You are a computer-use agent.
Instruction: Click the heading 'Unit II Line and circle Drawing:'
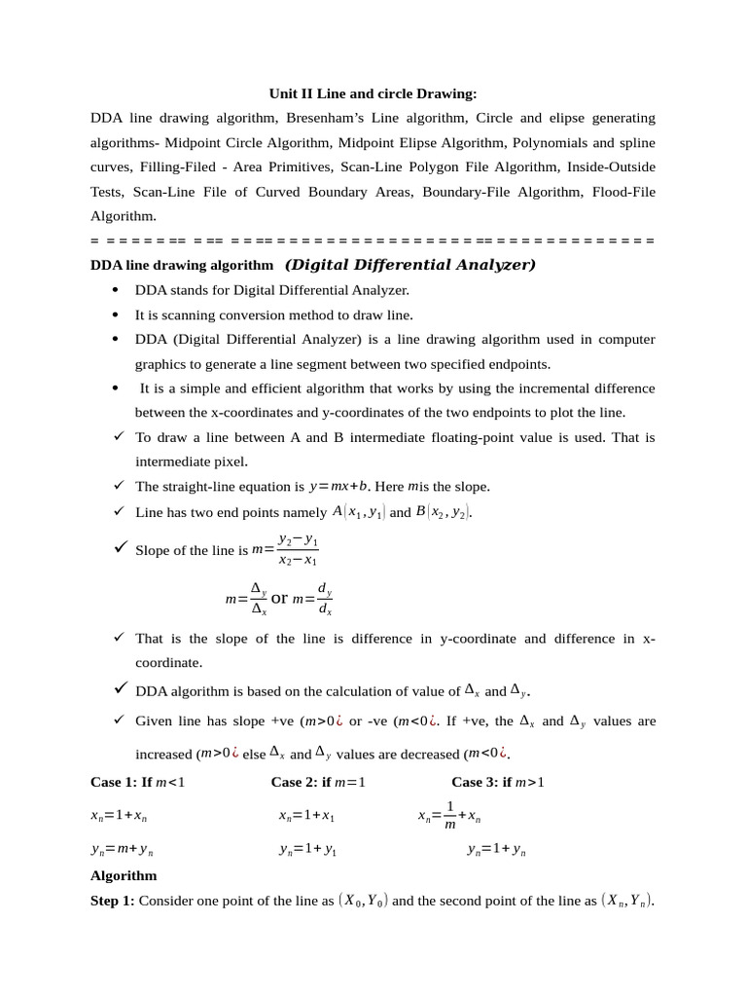point(373,93)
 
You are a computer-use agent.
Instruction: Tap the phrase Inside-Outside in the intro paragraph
point(611,166)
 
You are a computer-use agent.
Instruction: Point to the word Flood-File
point(623,192)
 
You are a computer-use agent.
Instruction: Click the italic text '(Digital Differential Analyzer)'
point(410,265)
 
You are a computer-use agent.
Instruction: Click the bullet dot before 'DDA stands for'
point(116,290)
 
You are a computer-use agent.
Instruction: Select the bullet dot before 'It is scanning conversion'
point(116,314)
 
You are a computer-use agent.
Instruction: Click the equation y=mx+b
point(338,486)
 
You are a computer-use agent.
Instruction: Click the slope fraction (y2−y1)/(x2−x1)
point(298,550)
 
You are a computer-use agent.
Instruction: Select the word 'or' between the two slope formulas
point(279,599)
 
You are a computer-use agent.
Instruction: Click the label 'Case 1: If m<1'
point(137,782)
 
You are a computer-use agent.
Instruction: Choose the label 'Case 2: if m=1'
point(318,782)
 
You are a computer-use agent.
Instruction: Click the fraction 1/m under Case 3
point(449,816)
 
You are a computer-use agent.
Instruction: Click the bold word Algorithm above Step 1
point(124,875)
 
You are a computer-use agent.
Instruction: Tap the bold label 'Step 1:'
point(113,901)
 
